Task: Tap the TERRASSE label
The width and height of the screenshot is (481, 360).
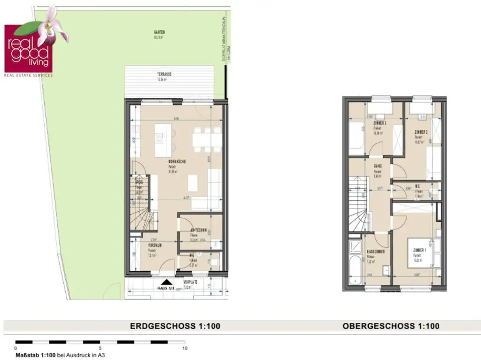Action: coord(164,75)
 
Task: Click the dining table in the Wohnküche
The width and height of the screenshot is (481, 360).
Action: coord(206,140)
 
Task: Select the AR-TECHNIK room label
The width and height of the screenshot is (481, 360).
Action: coord(199,230)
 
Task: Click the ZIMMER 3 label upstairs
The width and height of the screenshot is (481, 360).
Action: coord(380,123)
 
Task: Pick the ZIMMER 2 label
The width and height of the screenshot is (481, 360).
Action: coord(420,132)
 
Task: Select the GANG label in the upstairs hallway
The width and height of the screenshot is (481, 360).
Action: coord(378,166)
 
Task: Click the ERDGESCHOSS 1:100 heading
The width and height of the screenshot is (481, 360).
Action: coord(175,326)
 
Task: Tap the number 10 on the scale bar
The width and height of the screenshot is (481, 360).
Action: coord(185,348)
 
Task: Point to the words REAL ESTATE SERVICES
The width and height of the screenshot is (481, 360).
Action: coord(28,75)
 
